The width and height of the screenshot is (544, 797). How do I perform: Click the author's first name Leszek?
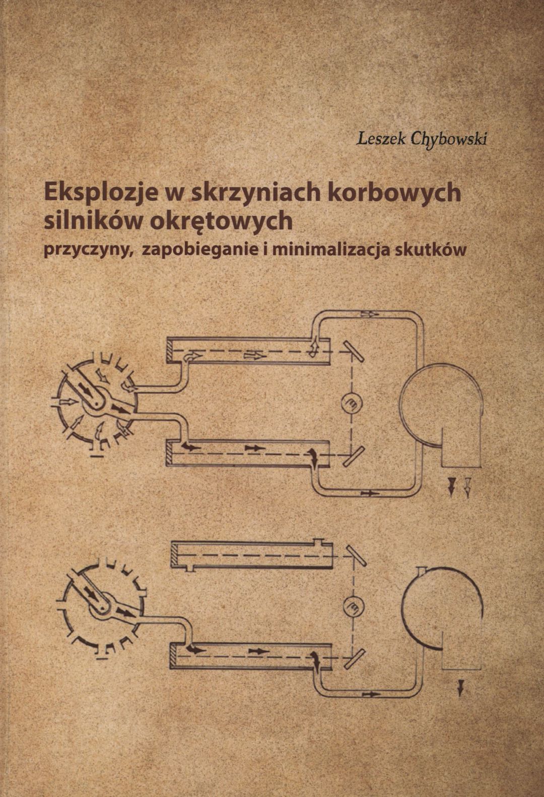[x=381, y=138]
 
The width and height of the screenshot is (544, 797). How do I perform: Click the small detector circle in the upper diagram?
[x=352, y=403]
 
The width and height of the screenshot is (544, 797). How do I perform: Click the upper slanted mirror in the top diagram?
[x=354, y=352]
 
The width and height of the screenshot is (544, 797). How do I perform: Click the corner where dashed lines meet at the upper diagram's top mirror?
[x=352, y=352]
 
